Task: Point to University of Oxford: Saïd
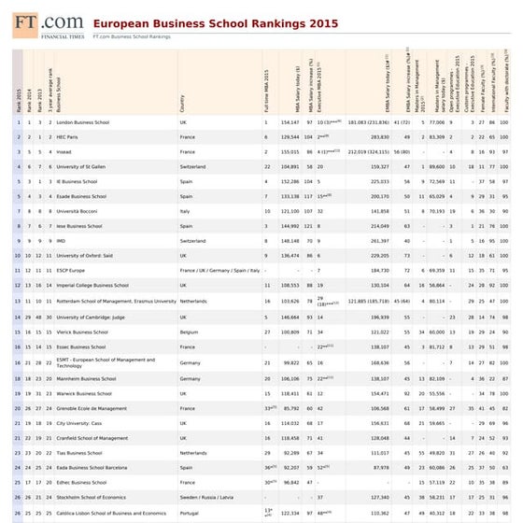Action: pos(88,255)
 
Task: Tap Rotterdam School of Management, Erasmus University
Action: pos(116,301)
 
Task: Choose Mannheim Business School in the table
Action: pos(87,378)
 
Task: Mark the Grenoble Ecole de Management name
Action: pos(92,407)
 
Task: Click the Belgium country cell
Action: pos(189,331)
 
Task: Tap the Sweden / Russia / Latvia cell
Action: pos(206,497)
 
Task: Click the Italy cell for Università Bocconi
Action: pos(184,211)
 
